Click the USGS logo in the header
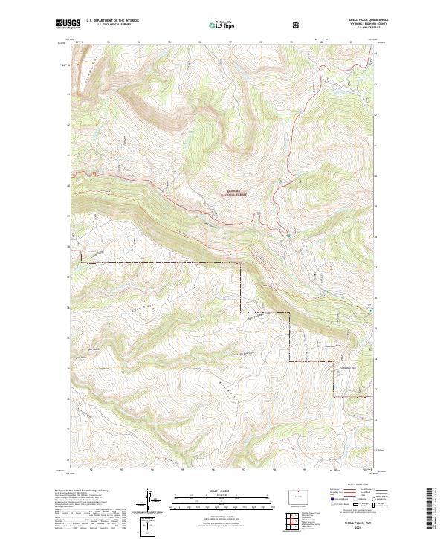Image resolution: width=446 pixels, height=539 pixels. [67, 25]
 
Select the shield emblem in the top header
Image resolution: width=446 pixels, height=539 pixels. [296, 25]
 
